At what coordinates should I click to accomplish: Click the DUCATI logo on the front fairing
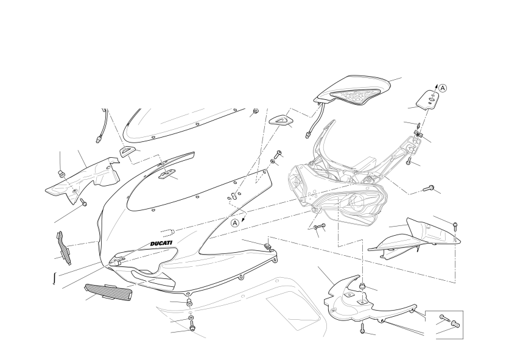point(161,243)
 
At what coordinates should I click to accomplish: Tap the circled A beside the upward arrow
point(443,88)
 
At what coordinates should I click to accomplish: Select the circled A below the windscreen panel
point(236,223)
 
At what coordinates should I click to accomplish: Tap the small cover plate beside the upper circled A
point(429,100)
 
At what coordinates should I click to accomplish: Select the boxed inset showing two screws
point(444,325)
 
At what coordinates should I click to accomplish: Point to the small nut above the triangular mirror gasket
point(256,111)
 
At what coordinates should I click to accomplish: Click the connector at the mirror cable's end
point(307,134)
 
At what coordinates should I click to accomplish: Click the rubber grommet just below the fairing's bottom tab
point(188,303)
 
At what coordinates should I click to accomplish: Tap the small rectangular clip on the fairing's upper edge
point(167,175)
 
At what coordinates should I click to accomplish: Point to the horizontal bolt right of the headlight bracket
point(427,188)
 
